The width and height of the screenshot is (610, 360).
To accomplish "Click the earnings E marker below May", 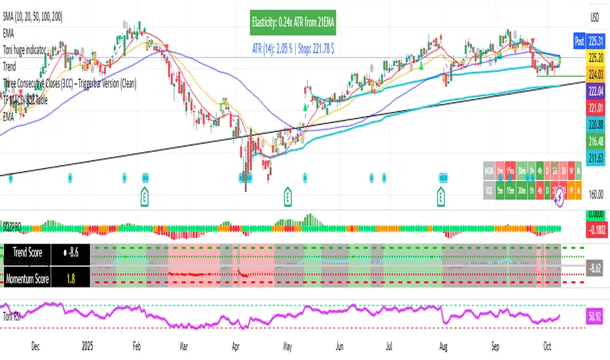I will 288,194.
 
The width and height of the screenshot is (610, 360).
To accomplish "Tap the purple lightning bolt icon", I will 558,201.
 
